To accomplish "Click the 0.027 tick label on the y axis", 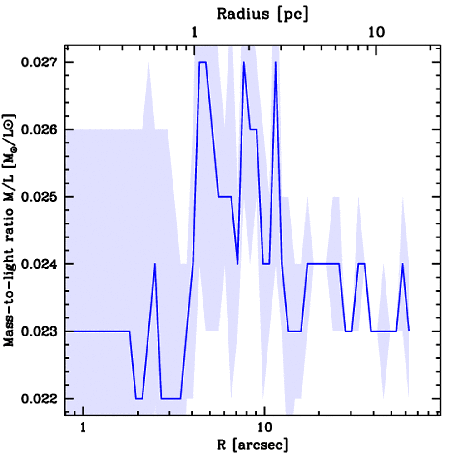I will tap(40, 62).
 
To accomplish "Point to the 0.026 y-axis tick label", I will tap(40, 129).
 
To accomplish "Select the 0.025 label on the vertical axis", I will tap(40, 197).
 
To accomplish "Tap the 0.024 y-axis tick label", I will tap(40, 264).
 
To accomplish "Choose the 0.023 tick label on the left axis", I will tap(40, 331).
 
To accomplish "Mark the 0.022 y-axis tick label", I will tap(40, 399).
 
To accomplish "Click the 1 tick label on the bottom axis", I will tap(83, 428).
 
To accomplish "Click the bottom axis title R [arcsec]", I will tap(252, 445).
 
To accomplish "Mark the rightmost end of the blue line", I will tap(409, 331).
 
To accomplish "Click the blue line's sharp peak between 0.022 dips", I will tap(155, 264).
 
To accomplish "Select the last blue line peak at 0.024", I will tap(402, 264).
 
